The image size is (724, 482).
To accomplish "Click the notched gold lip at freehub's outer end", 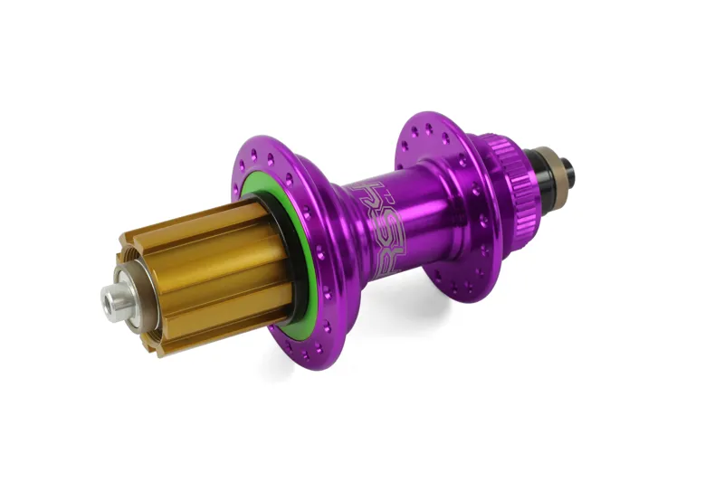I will tap(136, 271).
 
